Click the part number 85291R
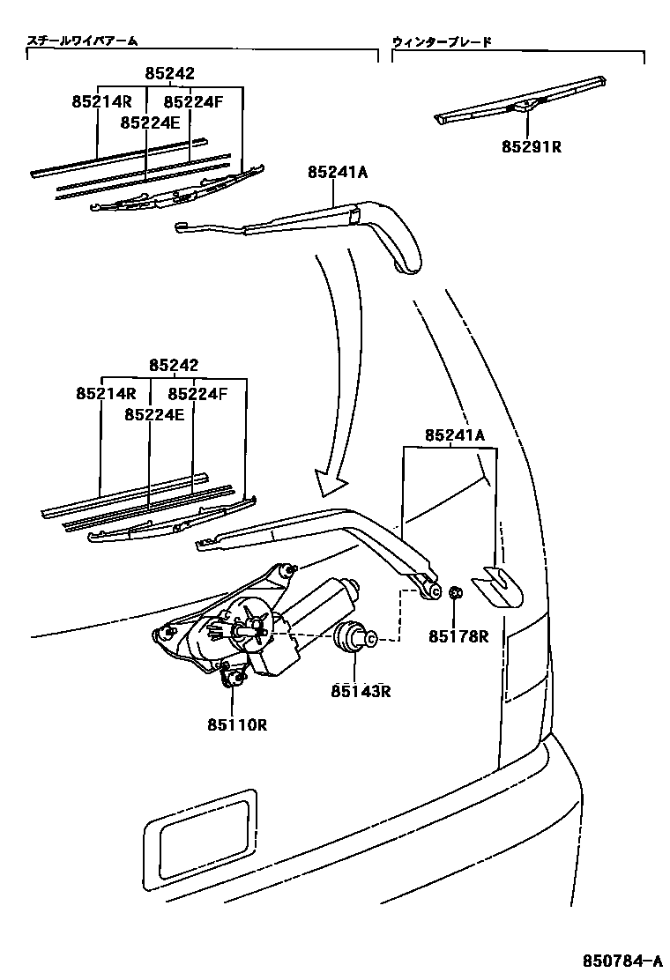532,147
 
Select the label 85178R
458,635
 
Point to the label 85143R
361,691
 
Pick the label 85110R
237,725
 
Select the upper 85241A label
338,173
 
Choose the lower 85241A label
455,434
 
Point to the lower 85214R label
105,394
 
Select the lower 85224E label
154,413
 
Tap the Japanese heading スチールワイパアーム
83,41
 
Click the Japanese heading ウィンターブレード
442,41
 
